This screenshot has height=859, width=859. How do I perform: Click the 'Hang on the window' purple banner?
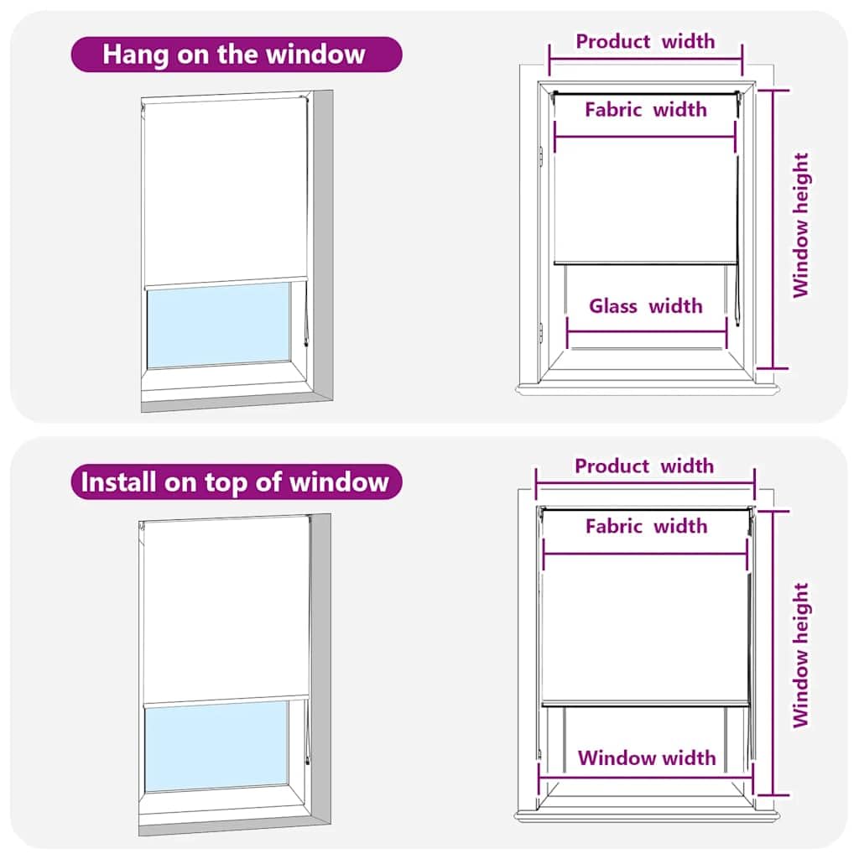237,55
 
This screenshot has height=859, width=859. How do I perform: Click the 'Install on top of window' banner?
237,482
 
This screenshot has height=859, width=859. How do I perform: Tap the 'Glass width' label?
646,305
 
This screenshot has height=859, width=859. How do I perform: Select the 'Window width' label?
647,757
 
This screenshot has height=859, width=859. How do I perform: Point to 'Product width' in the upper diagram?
645,41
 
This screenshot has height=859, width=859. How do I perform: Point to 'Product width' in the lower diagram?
644,466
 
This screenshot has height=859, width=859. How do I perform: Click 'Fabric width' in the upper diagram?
646,110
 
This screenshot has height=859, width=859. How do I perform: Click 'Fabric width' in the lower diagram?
647,526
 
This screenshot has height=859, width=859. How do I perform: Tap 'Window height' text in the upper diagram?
801,225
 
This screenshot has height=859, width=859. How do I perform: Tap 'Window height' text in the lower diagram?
801,655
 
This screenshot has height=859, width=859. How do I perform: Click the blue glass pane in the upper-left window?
219,325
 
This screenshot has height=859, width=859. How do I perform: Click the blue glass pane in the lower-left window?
216,746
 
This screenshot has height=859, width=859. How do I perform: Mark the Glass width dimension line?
647,332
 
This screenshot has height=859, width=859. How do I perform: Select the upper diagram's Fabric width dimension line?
645,137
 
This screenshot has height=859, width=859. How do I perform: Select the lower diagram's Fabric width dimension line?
645,554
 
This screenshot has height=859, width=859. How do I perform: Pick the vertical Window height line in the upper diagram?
773,230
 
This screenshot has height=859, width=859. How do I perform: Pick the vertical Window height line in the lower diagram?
773,653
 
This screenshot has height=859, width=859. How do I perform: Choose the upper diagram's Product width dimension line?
646,58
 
